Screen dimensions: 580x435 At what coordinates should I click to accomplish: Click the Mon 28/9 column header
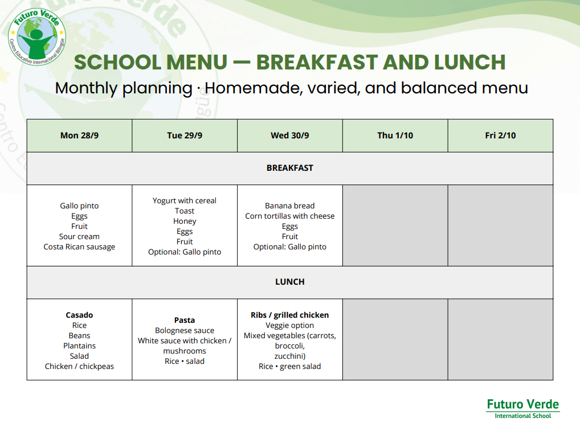(x=79, y=136)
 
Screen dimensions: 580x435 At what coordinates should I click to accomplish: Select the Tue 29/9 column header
(x=185, y=136)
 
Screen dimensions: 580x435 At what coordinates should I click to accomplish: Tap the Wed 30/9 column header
(x=289, y=136)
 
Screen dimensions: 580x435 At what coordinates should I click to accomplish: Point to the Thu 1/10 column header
(x=395, y=136)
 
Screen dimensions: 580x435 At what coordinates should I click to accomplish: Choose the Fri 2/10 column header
(x=500, y=136)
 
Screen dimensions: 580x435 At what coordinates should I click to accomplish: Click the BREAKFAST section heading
(x=289, y=168)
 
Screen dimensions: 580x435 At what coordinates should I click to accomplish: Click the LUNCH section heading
(x=289, y=282)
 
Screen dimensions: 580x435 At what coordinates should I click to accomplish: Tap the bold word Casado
(x=79, y=315)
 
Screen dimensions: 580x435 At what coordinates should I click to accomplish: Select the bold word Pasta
(x=185, y=320)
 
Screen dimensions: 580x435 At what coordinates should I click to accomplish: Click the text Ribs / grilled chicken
(x=289, y=315)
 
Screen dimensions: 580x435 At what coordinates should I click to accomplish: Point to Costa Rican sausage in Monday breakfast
(x=79, y=247)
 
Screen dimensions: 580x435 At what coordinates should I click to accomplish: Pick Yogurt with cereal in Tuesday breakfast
(x=185, y=200)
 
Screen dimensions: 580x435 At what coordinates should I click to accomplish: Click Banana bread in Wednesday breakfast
(x=289, y=206)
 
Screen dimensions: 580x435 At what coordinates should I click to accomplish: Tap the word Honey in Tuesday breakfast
(x=185, y=221)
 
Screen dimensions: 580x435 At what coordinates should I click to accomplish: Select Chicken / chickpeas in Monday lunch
(x=79, y=366)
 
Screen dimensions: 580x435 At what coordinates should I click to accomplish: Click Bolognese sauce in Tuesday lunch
(x=185, y=330)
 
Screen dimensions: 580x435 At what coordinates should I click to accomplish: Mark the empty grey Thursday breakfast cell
(x=395, y=225)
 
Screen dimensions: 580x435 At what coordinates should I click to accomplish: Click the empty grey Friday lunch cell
(x=500, y=339)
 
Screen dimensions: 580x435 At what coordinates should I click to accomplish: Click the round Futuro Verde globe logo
(x=37, y=37)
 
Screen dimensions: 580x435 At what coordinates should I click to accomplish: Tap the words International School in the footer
(x=522, y=416)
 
